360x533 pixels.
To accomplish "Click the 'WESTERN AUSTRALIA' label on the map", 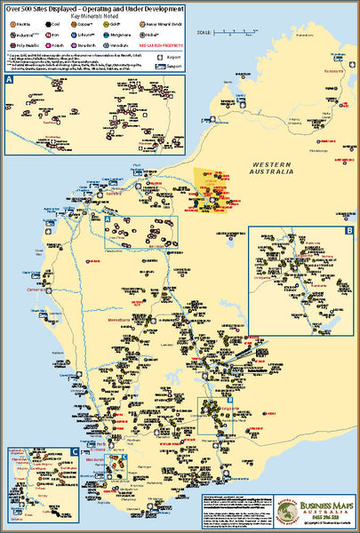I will [272, 169].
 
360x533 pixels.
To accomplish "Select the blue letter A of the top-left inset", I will [10, 80].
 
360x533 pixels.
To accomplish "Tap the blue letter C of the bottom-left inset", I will [10, 452].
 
